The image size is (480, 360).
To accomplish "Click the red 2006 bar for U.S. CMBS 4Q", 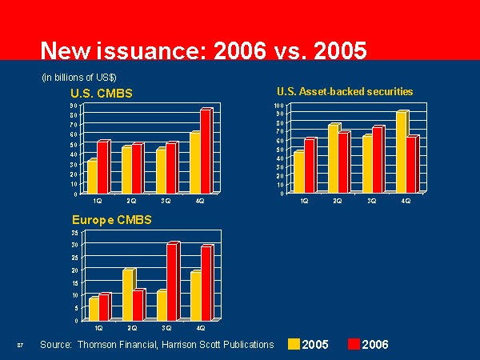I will pyautogui.click(x=206, y=151).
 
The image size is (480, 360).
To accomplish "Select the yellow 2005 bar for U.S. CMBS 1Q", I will pyautogui.click(x=93, y=176).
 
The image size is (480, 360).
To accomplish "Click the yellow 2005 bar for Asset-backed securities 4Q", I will pyautogui.click(x=402, y=152).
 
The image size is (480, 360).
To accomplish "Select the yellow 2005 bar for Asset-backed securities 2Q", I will pyautogui.click(x=334, y=158).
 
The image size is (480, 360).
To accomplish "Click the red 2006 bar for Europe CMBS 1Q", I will pyautogui.click(x=104, y=307).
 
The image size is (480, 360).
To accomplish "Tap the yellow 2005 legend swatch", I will pyautogui.click(x=294, y=344).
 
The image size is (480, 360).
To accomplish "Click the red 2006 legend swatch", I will pyautogui.click(x=354, y=344).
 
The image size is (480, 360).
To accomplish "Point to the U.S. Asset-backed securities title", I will pyautogui.click(x=345, y=91).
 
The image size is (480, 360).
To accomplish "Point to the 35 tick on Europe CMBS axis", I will pyautogui.click(x=75, y=232).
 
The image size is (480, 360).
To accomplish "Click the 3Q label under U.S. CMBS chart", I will pyautogui.click(x=165, y=200).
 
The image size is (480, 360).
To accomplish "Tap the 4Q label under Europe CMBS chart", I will pyautogui.click(x=200, y=327).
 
